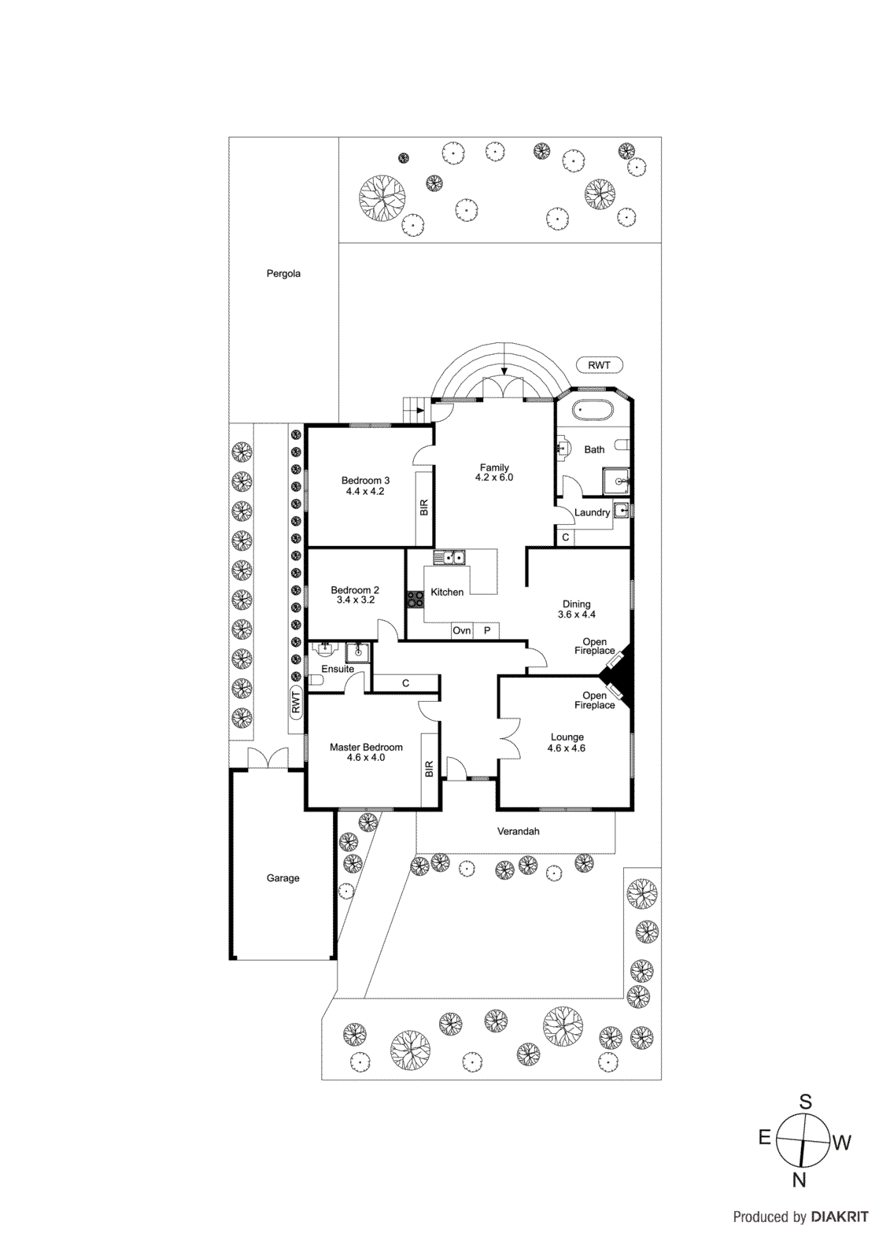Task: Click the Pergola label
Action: click(283, 274)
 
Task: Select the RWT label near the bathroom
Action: click(599, 365)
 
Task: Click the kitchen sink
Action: click(449, 558)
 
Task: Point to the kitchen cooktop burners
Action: click(415, 600)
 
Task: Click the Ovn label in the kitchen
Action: click(462, 630)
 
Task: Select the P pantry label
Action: click(487, 630)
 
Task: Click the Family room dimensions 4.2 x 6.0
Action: click(494, 478)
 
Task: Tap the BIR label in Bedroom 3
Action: click(424, 508)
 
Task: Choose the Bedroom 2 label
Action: click(355, 589)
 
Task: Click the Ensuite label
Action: click(338, 669)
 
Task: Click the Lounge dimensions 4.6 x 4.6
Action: click(567, 748)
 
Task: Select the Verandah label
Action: click(518, 831)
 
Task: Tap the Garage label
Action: click(283, 878)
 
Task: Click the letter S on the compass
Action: click(805, 1102)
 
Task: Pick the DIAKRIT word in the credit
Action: click(840, 1217)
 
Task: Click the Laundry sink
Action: click(621, 510)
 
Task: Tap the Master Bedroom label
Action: click(366, 747)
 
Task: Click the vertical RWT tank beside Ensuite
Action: click(296, 701)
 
